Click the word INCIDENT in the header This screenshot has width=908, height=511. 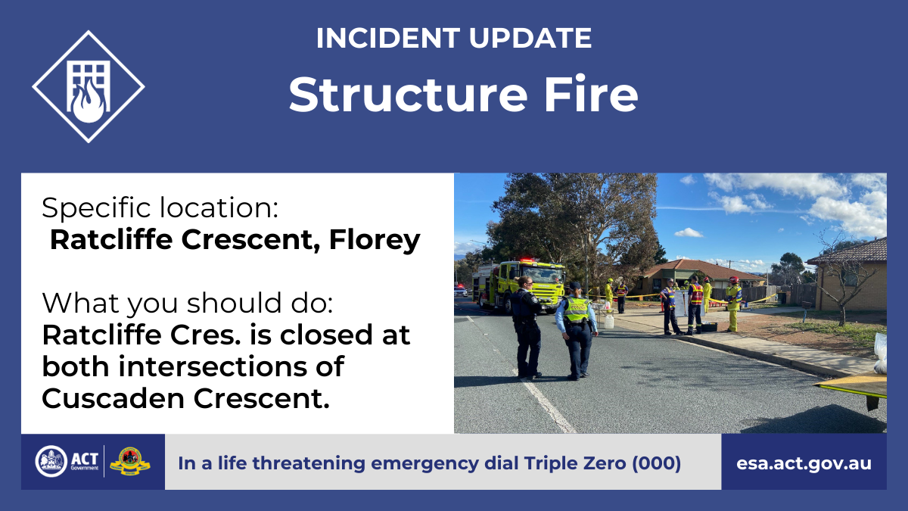pyautogui.click(x=388, y=38)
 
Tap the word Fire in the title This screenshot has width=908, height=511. pyautogui.click(x=591, y=94)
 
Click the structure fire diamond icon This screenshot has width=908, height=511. pyautogui.click(x=89, y=87)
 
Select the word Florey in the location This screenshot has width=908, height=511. pyautogui.click(x=375, y=239)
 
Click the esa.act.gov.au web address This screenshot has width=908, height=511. pyautogui.click(x=804, y=463)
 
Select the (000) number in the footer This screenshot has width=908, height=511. pyautogui.click(x=656, y=463)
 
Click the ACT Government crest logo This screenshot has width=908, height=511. pyautogui.click(x=51, y=461)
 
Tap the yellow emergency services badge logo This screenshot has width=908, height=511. pyautogui.click(x=130, y=462)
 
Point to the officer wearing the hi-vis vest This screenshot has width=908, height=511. pyautogui.click(x=577, y=331)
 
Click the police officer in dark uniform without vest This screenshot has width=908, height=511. pyautogui.click(x=526, y=327)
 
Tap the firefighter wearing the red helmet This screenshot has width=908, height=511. pyautogui.click(x=733, y=304)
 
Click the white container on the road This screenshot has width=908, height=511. pyautogui.click(x=608, y=321)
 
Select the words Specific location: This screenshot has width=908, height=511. pyautogui.click(x=160, y=208)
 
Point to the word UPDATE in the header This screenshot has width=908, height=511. pyautogui.click(x=530, y=38)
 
